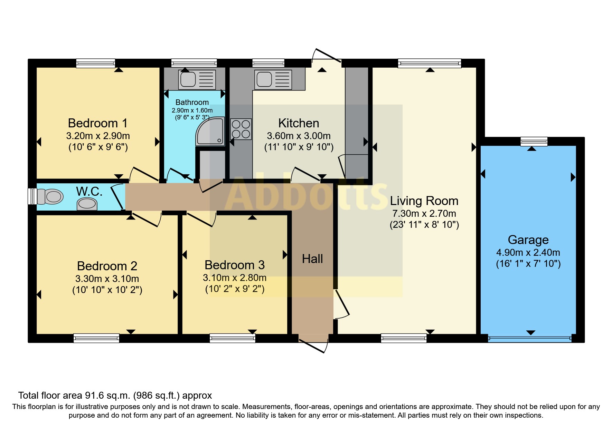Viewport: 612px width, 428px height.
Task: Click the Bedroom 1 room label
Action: pyautogui.click(x=98, y=123)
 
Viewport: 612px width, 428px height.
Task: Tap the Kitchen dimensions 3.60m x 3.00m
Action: pyautogui.click(x=299, y=136)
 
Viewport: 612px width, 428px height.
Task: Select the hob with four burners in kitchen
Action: pyautogui.click(x=241, y=129)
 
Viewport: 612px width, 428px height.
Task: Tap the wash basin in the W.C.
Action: pyautogui.click(x=87, y=204)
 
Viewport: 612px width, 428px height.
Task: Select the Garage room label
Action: pyautogui.click(x=528, y=240)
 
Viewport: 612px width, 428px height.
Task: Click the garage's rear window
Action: pyautogui.click(x=534, y=141)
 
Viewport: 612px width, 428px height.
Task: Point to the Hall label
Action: pyautogui.click(x=312, y=259)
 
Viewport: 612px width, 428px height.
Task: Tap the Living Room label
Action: pyautogui.click(x=424, y=201)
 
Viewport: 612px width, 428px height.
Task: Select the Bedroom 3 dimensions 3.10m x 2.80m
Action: pyautogui.click(x=235, y=278)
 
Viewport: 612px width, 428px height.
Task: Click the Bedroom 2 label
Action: pyautogui.click(x=107, y=266)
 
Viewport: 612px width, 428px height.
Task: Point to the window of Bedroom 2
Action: pyautogui.click(x=96, y=338)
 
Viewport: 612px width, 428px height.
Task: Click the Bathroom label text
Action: pyautogui.click(x=192, y=103)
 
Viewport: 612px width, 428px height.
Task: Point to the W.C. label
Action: pyautogui.click(x=89, y=192)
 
